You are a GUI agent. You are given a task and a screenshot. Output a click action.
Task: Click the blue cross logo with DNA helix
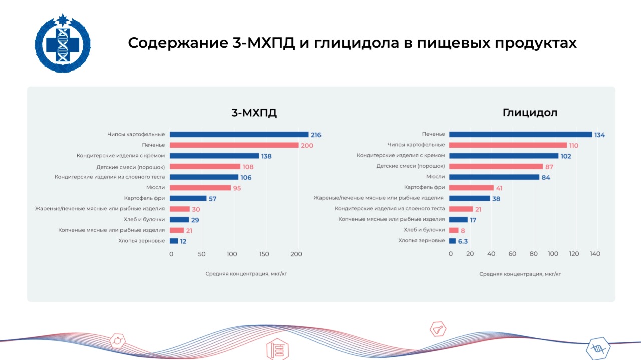point(63,44)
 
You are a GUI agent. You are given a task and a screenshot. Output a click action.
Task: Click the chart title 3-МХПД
point(254,113)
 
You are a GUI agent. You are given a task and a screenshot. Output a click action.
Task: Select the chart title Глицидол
point(530,113)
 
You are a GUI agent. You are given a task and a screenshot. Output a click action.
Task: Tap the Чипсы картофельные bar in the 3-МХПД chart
point(239,135)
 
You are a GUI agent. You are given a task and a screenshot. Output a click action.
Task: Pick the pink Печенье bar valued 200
point(234,145)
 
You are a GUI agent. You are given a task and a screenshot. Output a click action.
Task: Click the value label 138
point(266,156)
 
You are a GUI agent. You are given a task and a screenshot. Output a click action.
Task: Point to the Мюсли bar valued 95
point(200,188)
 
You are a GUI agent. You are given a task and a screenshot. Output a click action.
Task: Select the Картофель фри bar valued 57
point(188,198)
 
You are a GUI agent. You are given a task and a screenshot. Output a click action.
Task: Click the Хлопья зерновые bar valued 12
point(174,241)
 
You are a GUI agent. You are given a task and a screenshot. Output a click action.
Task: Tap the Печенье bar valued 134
point(520,134)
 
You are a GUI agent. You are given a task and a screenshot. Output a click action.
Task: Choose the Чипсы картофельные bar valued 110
point(508,145)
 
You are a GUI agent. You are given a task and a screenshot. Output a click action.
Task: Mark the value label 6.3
point(463,241)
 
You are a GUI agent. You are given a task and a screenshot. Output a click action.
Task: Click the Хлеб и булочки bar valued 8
point(454,230)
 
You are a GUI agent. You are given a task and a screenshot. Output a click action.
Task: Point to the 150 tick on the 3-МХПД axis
point(264,254)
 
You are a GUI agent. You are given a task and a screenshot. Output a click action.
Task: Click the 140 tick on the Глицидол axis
point(594,254)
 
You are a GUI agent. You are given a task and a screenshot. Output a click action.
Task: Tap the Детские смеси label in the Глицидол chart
point(410,166)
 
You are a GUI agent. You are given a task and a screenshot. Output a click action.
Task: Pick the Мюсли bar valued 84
point(494,177)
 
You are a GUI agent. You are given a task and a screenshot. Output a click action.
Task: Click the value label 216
point(315,135)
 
